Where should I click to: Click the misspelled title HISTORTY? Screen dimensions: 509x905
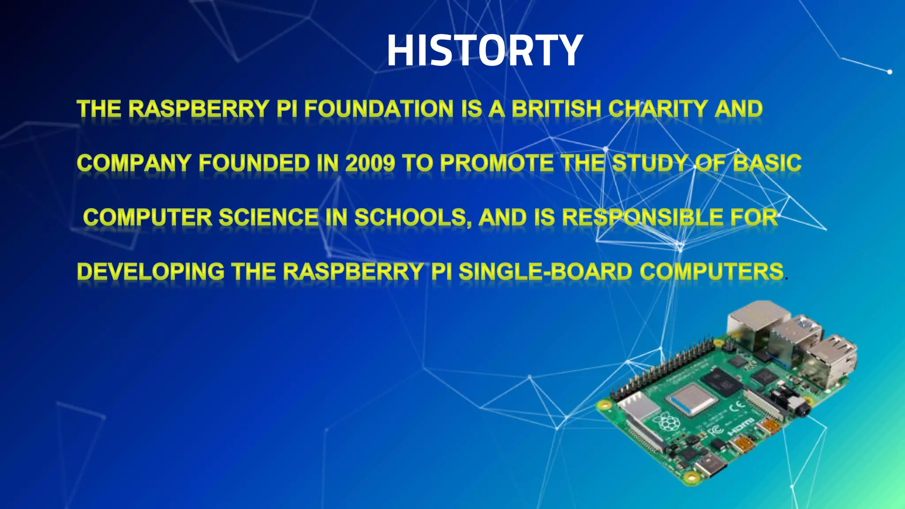[485, 51]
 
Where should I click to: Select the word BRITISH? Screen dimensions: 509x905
[556, 109]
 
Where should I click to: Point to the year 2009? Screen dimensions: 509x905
[370, 163]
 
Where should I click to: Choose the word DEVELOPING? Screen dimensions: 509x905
[151, 272]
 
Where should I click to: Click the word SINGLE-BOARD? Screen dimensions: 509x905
[545, 272]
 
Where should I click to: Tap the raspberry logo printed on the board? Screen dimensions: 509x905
[668, 423]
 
